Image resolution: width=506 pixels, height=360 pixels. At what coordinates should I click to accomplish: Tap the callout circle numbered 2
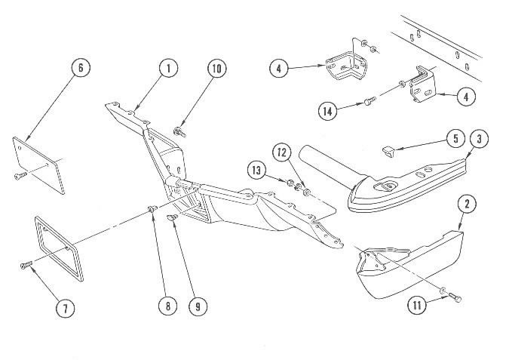467,204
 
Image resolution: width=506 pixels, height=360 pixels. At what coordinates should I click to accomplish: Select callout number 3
478,139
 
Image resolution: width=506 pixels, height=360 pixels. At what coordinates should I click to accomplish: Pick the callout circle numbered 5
455,138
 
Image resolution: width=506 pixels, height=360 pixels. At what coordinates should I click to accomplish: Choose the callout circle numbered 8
167,306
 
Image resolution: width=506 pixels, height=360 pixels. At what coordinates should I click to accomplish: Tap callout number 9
198,306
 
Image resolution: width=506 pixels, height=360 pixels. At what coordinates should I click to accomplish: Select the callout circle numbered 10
217,69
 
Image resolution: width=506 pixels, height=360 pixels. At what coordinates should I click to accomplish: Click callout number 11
420,306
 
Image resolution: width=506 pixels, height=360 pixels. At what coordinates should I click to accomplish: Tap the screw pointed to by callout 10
181,132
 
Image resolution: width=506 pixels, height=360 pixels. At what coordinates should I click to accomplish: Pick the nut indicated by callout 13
290,183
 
